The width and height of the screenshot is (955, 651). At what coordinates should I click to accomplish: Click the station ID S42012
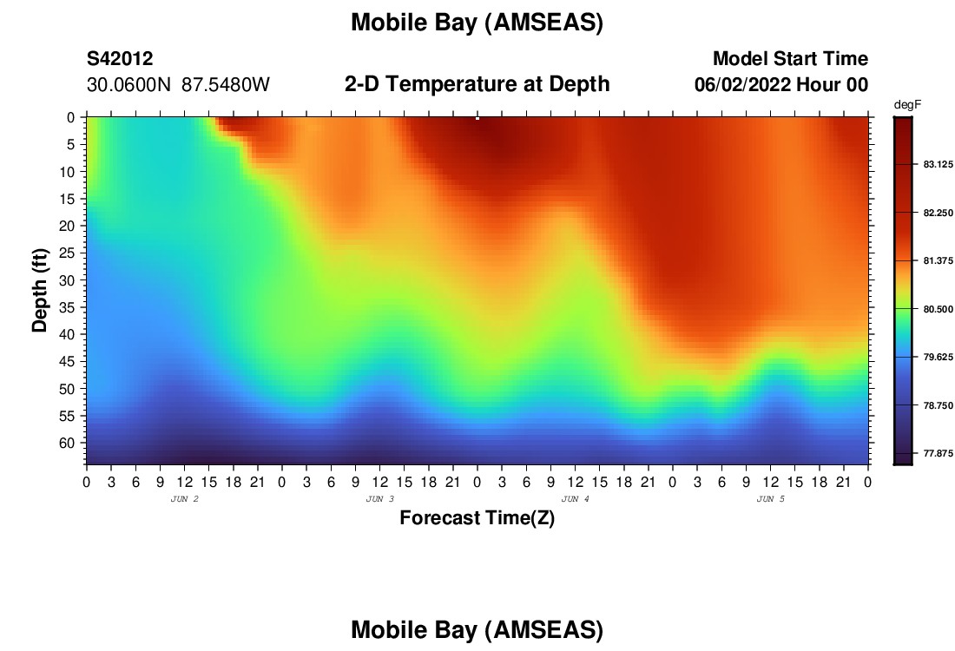pyautogui.click(x=120, y=59)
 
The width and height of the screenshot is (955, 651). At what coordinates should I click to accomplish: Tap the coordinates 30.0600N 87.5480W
pyautogui.click(x=178, y=85)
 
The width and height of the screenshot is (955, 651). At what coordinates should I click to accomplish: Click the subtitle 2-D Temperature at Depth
pyautogui.click(x=477, y=84)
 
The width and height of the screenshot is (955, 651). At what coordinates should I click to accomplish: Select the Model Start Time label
pyautogui.click(x=791, y=58)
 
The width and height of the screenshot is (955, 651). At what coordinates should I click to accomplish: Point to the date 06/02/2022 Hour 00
pyautogui.click(x=781, y=85)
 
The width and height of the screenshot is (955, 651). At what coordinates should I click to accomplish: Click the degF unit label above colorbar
pyautogui.click(x=907, y=105)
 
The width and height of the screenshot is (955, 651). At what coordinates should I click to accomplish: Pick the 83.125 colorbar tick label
pyautogui.click(x=938, y=164)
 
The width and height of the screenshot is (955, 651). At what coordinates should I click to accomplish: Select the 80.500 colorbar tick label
pyautogui.click(x=938, y=309)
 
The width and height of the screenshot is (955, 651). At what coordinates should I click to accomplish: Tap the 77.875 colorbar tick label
pyautogui.click(x=938, y=454)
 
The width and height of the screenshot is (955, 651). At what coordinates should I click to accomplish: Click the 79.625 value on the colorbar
pyautogui.click(x=938, y=358)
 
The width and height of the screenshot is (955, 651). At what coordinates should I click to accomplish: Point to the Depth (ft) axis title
pyautogui.click(x=40, y=291)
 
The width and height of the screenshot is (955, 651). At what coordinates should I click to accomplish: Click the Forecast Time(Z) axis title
pyautogui.click(x=477, y=518)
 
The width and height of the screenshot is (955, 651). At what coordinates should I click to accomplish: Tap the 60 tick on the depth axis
pyautogui.click(x=66, y=444)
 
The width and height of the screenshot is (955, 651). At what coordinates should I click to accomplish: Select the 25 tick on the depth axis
pyautogui.click(x=66, y=253)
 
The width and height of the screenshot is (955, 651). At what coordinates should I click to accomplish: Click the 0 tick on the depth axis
pyautogui.click(x=70, y=117)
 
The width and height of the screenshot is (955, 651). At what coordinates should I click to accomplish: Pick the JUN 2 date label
pyautogui.click(x=185, y=499)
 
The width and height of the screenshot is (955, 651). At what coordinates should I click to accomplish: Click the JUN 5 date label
pyautogui.click(x=770, y=499)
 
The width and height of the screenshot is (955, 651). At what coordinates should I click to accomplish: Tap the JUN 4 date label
pyautogui.click(x=575, y=499)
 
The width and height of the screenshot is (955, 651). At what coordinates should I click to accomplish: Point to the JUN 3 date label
pyautogui.click(x=379, y=499)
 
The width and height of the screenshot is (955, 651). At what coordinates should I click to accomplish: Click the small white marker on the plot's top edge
pyautogui.click(x=477, y=118)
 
